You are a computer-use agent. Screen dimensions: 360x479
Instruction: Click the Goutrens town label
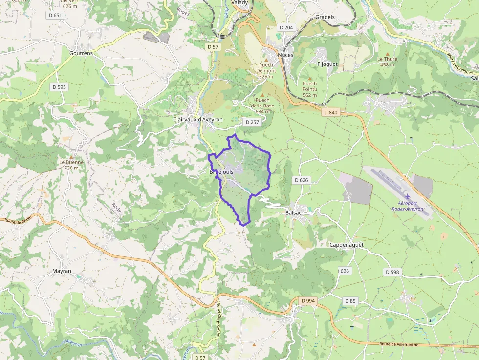coord(81,53)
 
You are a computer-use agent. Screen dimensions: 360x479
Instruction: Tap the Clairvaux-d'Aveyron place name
coord(197,119)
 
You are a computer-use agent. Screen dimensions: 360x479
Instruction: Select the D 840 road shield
coord(330,112)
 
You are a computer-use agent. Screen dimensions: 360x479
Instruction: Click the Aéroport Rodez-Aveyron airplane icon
coord(408,196)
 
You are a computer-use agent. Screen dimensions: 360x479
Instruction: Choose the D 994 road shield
coord(308,300)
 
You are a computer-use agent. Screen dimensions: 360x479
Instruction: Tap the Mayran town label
coord(62,271)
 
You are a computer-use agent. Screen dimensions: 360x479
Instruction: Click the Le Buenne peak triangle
coord(71,156)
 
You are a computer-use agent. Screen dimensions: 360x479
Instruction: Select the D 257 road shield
coord(252,122)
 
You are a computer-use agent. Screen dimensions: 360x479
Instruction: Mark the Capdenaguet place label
coord(346,245)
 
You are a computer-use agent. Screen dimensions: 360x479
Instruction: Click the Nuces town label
coord(285,55)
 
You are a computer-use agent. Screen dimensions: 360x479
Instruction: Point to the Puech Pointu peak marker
coord(309,78)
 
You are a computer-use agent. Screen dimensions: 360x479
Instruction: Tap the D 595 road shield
coord(58,87)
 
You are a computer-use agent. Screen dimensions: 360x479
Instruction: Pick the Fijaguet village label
coord(327,64)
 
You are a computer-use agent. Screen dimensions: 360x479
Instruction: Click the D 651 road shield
coord(56,15)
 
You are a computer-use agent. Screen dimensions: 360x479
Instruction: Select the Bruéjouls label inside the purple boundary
coord(221,172)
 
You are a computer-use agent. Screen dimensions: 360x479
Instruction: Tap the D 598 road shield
coord(392,272)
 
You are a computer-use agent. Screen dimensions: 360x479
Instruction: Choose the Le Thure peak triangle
coord(388,53)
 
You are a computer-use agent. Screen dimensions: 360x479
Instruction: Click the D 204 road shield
coord(285,27)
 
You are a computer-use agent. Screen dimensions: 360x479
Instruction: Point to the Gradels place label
coord(325,17)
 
